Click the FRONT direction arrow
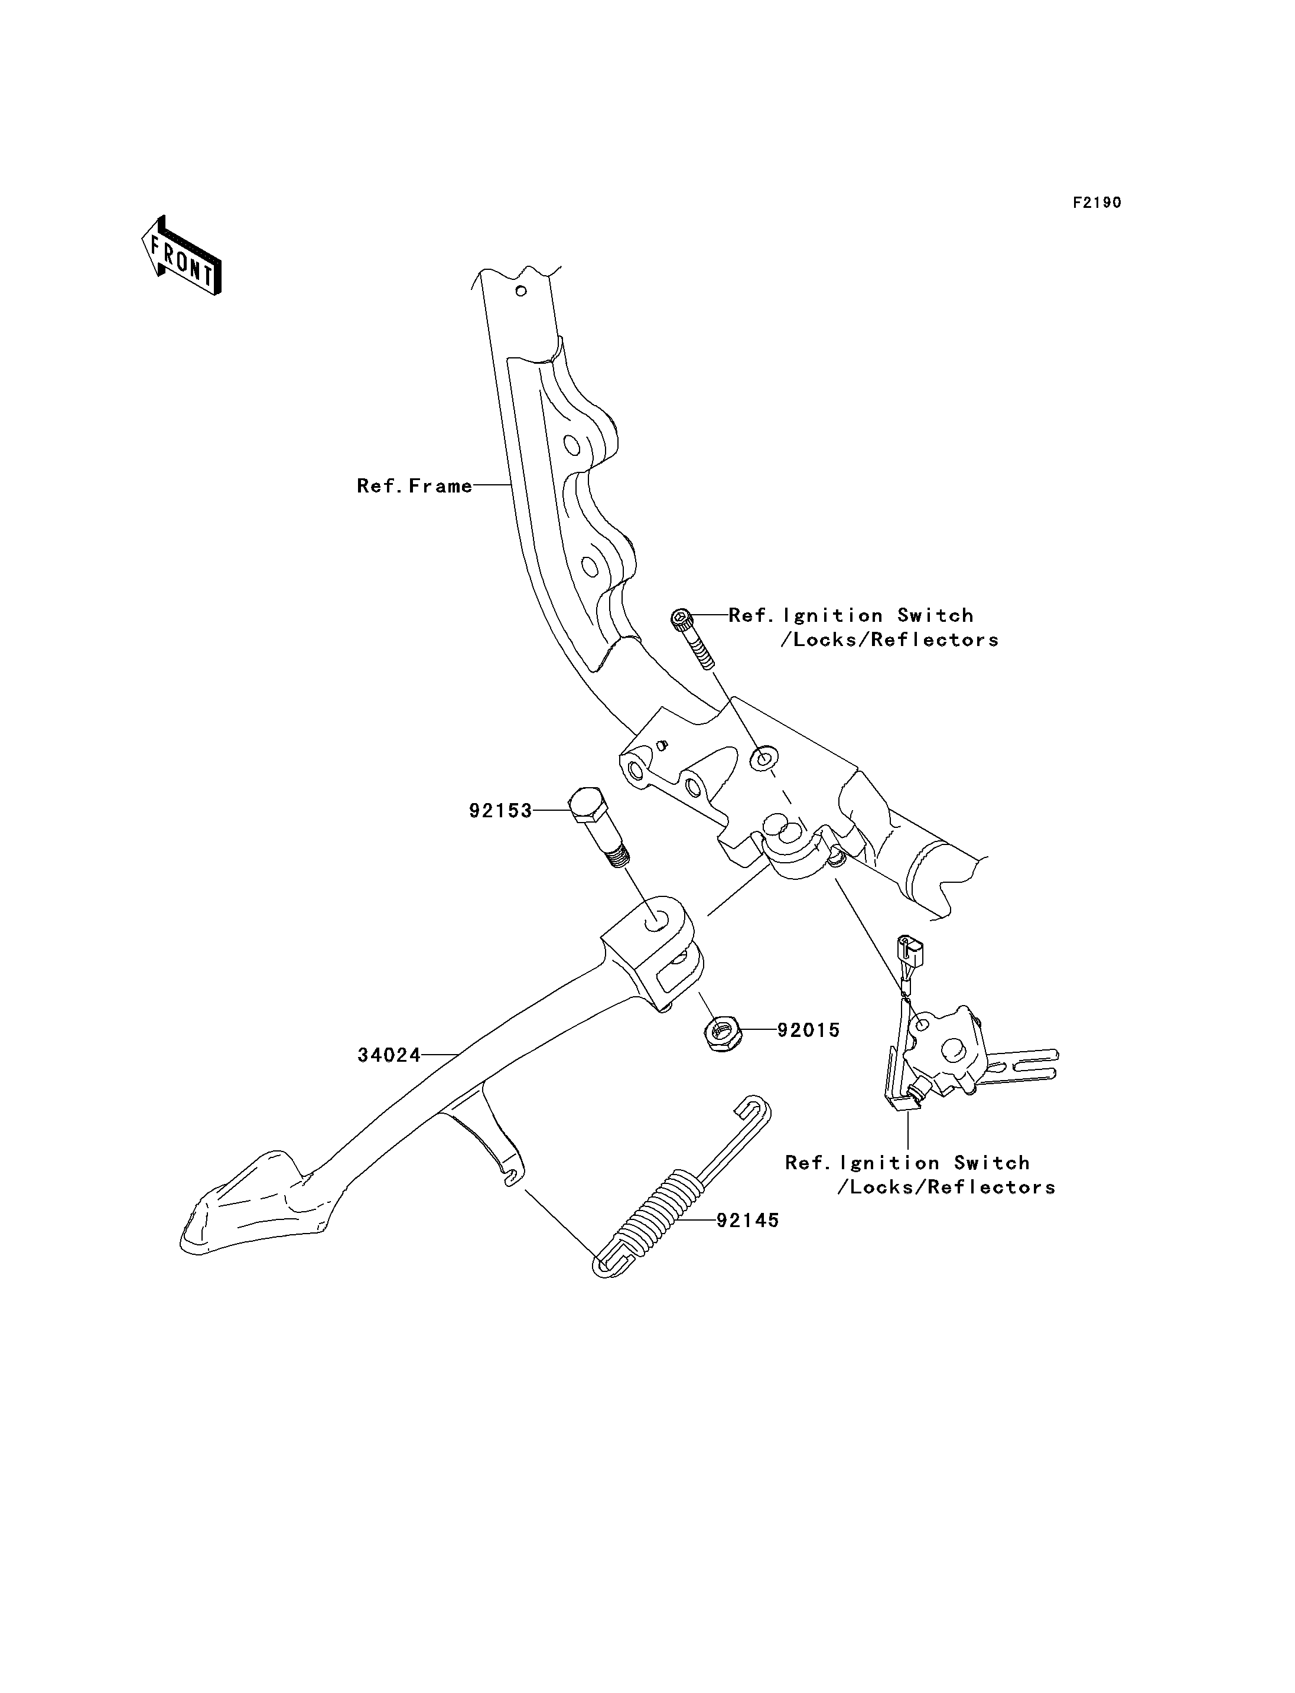tap(182, 256)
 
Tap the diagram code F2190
tap(1097, 203)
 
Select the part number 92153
tap(501, 811)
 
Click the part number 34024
tap(389, 1055)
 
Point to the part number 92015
tap(809, 1030)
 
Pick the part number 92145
tap(748, 1221)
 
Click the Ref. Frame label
tap(415, 485)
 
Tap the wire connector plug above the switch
tap(910, 952)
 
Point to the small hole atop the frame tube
tap(522, 291)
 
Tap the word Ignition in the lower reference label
tap(890, 1185)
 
